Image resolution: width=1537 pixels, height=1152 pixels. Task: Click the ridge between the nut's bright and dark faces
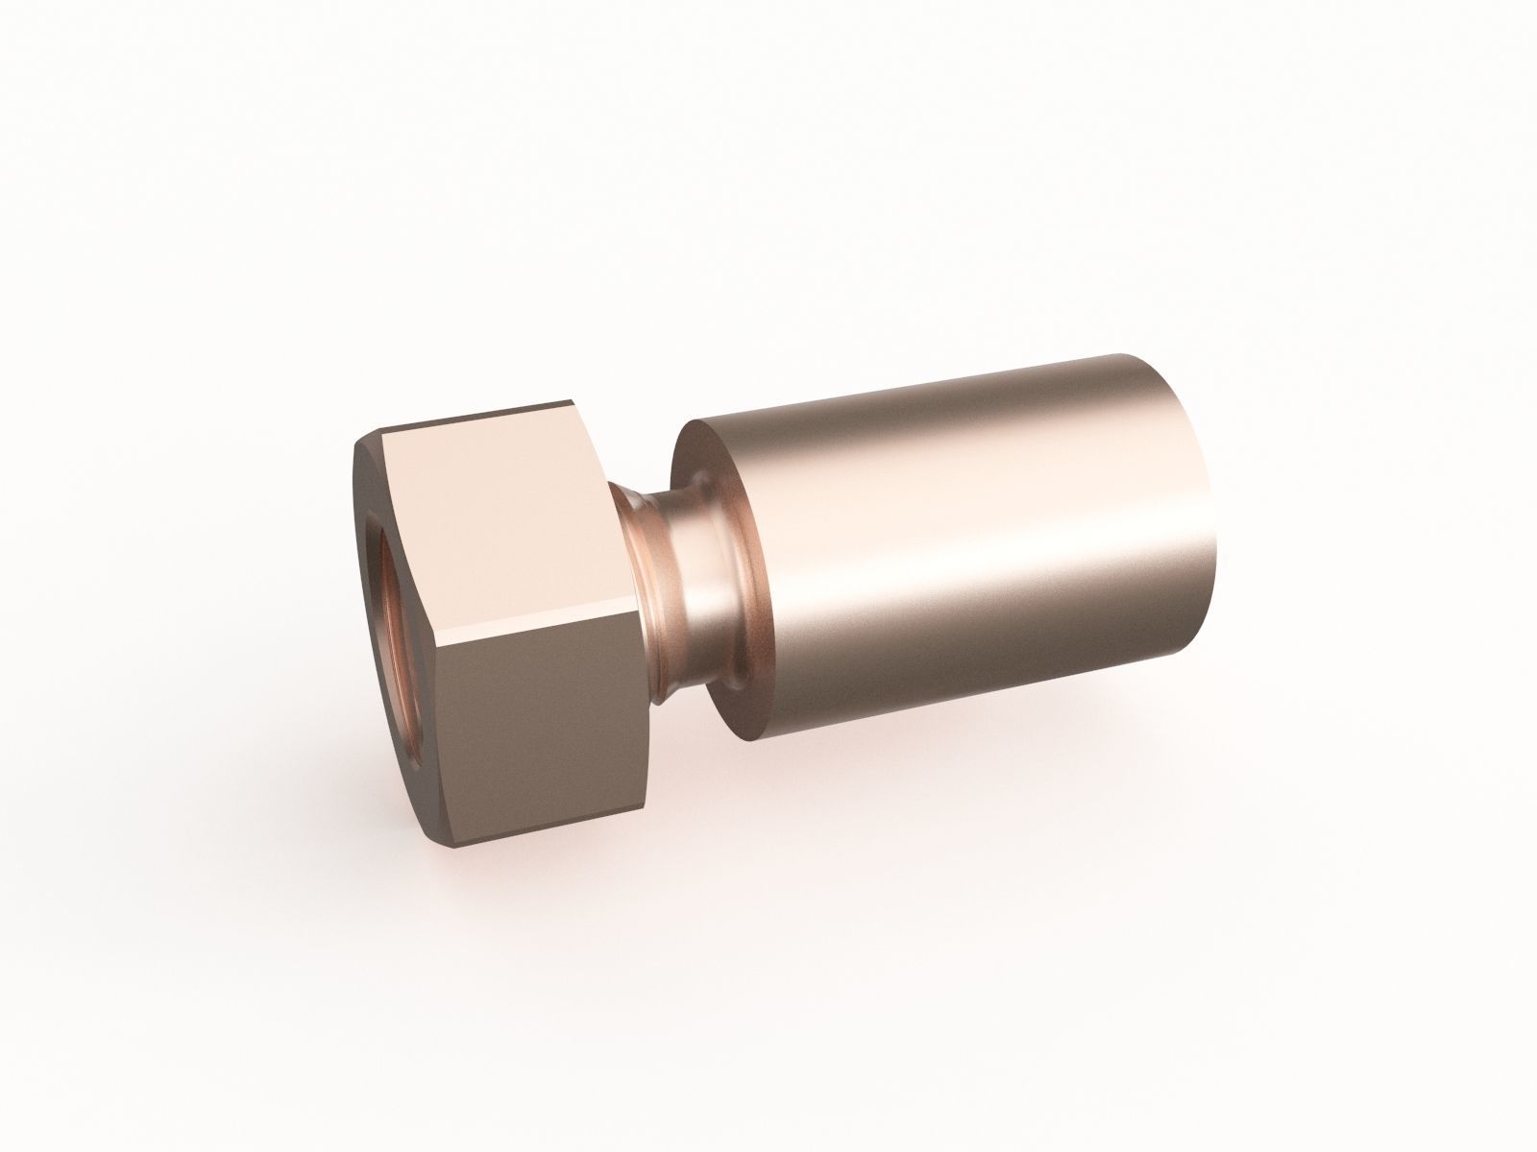tap(538, 632)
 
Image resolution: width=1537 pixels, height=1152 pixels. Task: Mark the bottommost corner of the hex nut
tap(451, 849)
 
